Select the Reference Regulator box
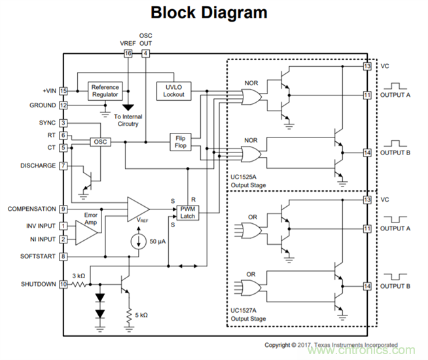click(105, 91)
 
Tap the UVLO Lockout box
click(173, 91)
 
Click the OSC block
click(99, 141)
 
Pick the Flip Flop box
click(181, 141)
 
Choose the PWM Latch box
click(187, 211)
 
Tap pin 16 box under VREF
click(128, 53)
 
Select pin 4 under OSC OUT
click(145, 53)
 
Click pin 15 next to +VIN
click(63, 91)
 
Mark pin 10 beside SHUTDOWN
click(63, 284)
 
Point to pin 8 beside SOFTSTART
click(63, 256)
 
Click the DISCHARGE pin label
click(38, 166)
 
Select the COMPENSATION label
click(31, 209)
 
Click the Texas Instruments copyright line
click(330, 344)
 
